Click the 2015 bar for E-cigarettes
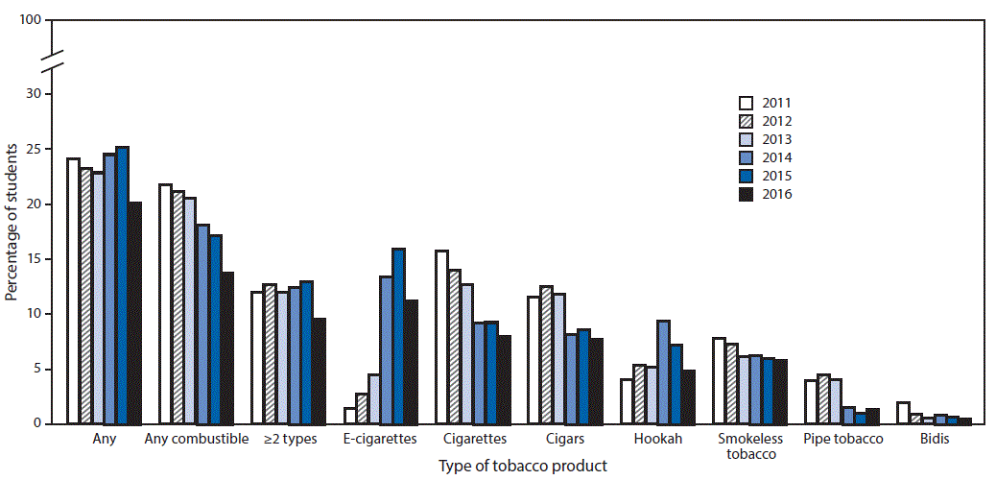(398, 336)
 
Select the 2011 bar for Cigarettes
(442, 337)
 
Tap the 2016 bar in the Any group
(135, 313)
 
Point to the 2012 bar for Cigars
(547, 355)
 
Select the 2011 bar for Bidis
(903, 413)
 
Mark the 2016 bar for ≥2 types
(320, 371)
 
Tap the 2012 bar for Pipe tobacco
(823, 399)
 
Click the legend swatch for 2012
(746, 121)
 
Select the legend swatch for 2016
(746, 194)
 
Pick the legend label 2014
(777, 157)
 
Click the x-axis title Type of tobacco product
(523, 466)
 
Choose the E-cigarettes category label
(380, 440)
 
